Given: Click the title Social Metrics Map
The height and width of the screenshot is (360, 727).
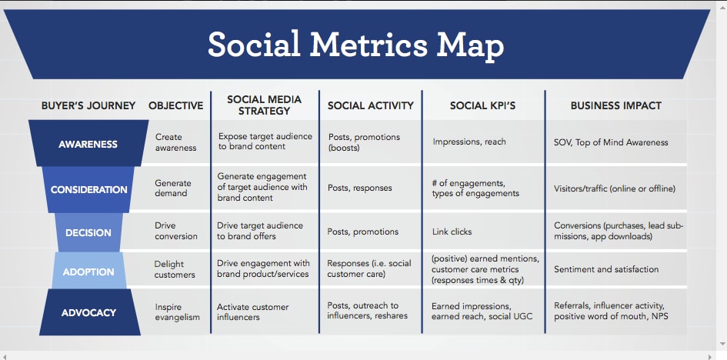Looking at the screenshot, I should point(355,45).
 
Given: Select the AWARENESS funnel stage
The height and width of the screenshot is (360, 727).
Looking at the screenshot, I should point(88,144).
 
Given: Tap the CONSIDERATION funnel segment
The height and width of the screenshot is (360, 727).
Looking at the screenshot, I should point(88,189).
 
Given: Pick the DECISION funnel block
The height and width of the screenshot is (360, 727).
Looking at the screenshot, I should point(88,232).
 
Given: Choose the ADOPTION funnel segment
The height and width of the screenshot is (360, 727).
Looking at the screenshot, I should point(88,271).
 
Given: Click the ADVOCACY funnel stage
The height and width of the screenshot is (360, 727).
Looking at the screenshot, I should point(88,312).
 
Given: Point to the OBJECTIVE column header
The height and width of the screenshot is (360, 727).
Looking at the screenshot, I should point(175,105).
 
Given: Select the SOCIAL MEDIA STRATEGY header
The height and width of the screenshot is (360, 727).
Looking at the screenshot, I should point(264,105).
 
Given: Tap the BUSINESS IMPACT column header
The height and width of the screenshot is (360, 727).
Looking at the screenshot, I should point(615,105).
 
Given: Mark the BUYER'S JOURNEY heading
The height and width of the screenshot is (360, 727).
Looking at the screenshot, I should point(88,105).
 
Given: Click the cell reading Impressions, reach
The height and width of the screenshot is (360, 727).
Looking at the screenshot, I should point(469,142).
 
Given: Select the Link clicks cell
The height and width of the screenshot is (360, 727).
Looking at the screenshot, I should point(452,232).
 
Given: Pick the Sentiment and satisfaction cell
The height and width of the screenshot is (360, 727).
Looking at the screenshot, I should point(606,269).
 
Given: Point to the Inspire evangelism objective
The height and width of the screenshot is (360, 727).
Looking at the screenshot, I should point(178,312).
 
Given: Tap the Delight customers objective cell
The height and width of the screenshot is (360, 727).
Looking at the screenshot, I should point(175,269).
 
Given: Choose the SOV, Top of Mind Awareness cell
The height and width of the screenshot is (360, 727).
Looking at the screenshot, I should point(611,142).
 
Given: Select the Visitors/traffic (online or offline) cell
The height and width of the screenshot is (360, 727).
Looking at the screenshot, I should point(615,188).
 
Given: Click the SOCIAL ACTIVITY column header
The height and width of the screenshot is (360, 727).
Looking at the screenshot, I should point(370,105).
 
